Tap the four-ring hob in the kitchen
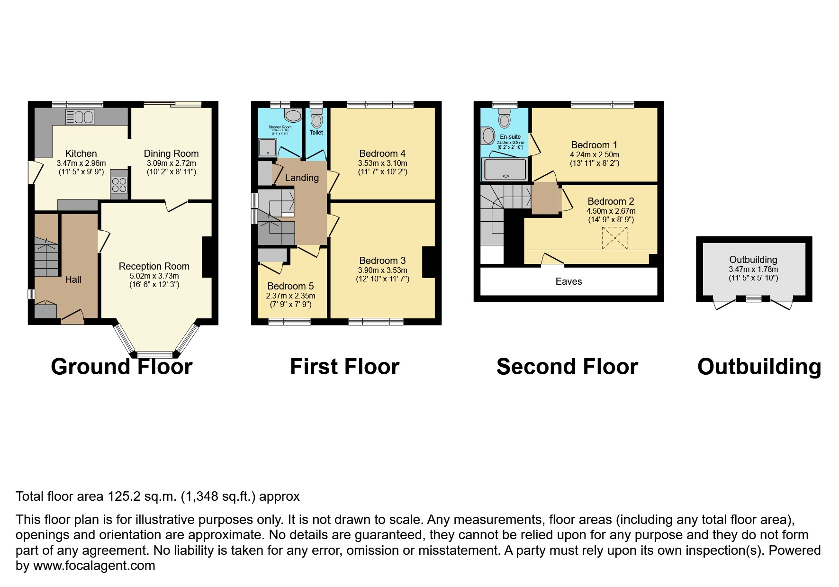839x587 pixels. [119, 184]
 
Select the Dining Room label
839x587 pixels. [171, 154]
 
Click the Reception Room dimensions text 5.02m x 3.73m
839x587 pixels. [154, 276]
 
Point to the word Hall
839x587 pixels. [73, 280]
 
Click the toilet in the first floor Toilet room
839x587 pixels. [316, 118]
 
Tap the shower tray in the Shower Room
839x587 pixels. [268, 147]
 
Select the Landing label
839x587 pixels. [302, 178]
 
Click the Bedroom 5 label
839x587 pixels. [290, 286]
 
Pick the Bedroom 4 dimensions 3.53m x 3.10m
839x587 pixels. [382, 163]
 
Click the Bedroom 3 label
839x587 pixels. [382, 261]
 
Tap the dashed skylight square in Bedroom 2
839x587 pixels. [614, 238]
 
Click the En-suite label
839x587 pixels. [510, 137]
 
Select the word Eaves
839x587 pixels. [568, 281]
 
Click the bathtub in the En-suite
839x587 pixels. [504, 169]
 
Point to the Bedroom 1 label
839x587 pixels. [594, 145]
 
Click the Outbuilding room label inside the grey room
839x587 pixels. [753, 260]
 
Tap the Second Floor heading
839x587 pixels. [567, 367]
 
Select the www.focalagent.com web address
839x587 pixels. [94, 566]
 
